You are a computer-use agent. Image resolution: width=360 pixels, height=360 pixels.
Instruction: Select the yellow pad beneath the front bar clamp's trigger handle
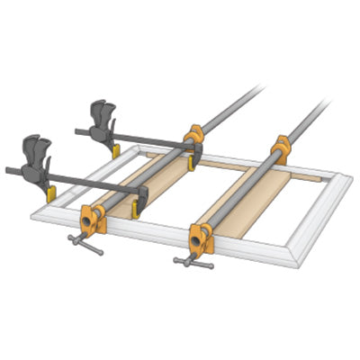tap(51, 192)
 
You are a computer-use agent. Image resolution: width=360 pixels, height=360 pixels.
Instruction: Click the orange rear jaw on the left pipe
tap(193, 137)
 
